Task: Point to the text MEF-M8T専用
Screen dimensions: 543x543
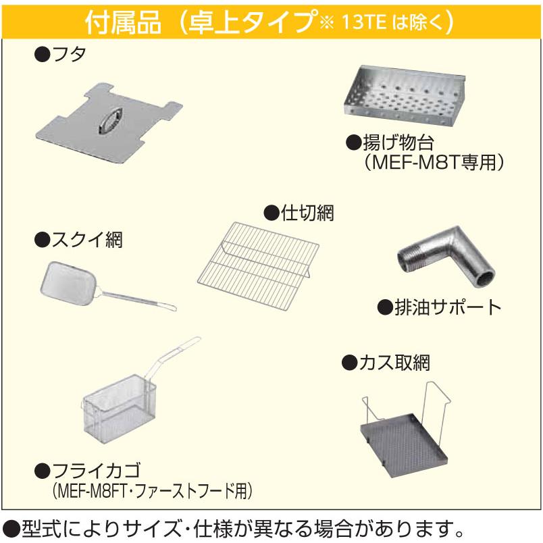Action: [435, 162]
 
